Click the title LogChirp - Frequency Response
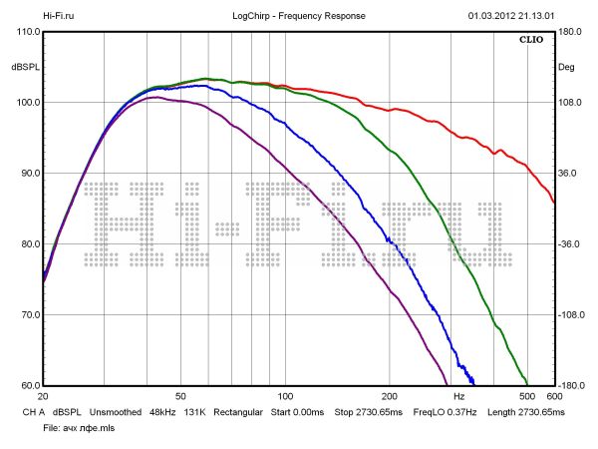(x=298, y=16)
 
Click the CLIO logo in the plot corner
(x=531, y=41)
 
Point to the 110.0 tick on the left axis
(x=27, y=32)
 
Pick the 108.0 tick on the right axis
(x=570, y=103)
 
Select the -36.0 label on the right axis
(x=570, y=244)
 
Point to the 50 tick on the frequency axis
(x=179, y=397)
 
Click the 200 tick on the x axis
(x=390, y=397)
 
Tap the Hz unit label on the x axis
(x=458, y=397)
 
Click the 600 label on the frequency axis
(x=554, y=397)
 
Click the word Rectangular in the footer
(x=238, y=411)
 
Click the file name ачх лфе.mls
(x=76, y=427)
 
